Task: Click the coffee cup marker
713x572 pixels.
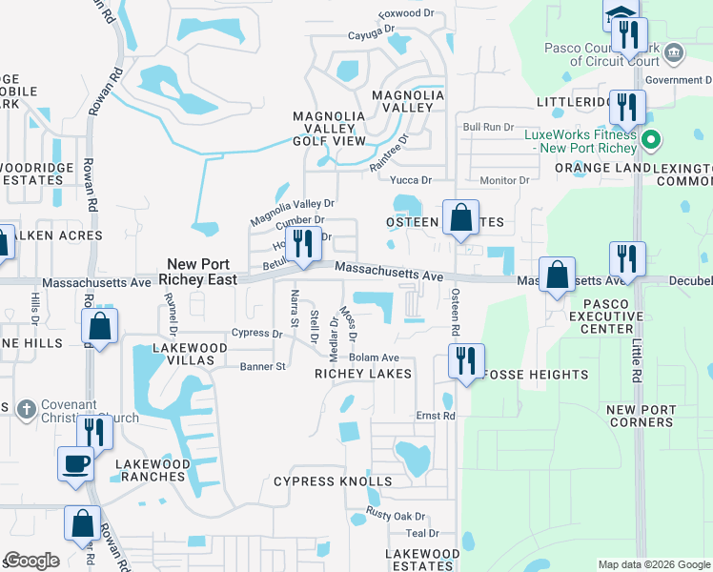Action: (x=77, y=464)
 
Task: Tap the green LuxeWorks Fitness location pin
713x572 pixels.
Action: (x=652, y=141)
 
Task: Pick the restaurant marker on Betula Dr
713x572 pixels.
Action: (x=302, y=243)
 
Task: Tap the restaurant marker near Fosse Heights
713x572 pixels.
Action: (x=466, y=361)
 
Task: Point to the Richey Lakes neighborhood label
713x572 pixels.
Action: (x=363, y=374)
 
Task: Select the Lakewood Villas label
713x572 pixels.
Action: (x=190, y=348)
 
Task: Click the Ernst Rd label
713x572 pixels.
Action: (x=436, y=417)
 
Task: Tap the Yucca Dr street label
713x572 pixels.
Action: (x=412, y=179)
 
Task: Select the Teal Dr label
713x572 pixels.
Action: (x=421, y=534)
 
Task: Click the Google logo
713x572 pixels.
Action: (x=31, y=561)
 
